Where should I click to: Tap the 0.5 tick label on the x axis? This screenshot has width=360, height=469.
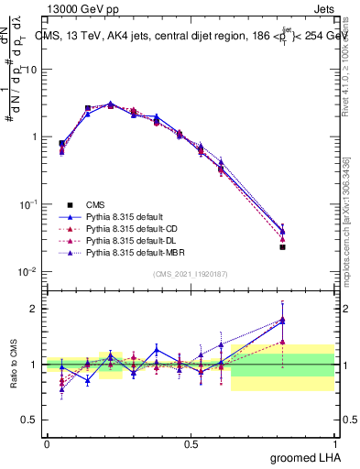191,443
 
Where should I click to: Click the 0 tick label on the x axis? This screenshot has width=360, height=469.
47,443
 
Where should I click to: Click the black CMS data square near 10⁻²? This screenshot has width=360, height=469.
282,247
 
